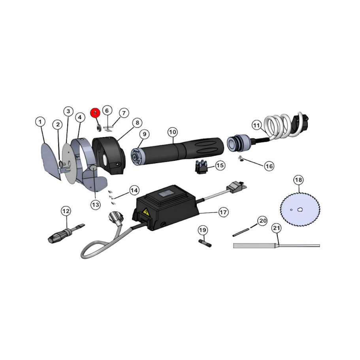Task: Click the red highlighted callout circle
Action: point(94,113)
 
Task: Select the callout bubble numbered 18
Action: point(299,180)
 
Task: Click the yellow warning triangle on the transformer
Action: point(146,213)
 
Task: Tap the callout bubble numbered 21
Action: point(277,228)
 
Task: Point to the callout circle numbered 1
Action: point(40,122)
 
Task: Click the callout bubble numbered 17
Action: point(223,212)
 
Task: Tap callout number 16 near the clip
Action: point(269,166)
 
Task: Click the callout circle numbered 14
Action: point(134,190)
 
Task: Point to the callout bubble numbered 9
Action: point(145,134)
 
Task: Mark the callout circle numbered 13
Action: point(95,204)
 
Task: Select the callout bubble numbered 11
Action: point(257,125)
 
